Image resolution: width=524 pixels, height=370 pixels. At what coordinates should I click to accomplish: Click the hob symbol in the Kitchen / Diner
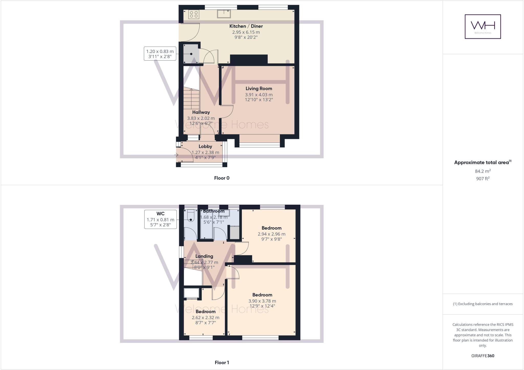(194, 14)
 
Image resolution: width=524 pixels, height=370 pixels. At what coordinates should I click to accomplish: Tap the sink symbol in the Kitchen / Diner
(224, 14)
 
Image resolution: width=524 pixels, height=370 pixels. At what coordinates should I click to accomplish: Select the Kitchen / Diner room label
(246, 26)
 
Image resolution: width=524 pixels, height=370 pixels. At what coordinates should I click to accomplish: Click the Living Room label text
(259, 89)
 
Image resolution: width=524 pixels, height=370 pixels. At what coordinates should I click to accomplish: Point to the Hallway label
(201, 112)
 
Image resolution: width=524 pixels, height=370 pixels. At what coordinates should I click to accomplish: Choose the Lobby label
(205, 146)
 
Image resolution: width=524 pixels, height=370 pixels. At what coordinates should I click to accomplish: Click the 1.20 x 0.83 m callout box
(160, 53)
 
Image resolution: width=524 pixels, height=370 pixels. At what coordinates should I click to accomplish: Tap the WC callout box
(160, 219)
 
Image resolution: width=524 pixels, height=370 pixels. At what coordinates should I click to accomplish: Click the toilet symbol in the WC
(191, 216)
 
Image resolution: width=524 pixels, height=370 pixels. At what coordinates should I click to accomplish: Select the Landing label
(204, 256)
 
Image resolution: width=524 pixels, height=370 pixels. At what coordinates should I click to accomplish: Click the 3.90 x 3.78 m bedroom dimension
(262, 301)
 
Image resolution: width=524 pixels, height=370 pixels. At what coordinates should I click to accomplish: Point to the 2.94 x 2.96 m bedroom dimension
(271, 234)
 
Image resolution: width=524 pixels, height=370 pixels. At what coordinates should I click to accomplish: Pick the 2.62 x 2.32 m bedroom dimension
(205, 318)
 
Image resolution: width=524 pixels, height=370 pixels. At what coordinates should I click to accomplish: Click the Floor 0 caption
(222, 178)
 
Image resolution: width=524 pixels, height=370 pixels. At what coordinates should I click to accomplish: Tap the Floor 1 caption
(222, 363)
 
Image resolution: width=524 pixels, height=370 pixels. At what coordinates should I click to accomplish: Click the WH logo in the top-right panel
(483, 26)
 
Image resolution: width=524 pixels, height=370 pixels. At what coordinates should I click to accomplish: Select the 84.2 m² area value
(483, 171)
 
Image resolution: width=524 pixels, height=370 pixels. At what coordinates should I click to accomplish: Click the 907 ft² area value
(483, 179)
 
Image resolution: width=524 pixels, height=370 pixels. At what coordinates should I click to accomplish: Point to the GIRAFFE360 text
(483, 356)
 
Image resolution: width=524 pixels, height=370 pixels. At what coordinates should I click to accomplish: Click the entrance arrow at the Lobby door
(176, 155)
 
